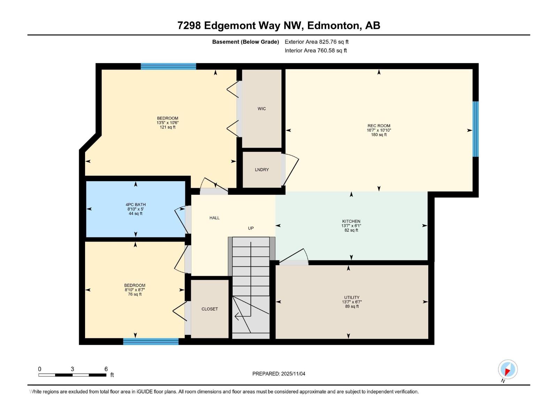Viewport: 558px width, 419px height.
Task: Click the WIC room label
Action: click(262, 109)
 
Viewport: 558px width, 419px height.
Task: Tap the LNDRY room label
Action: click(262, 170)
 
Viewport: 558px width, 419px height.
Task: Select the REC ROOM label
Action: click(379, 126)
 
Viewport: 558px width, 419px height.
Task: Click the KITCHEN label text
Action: click(351, 221)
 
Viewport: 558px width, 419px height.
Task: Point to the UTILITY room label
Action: click(352, 297)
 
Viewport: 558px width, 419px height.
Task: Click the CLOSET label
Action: click(210, 309)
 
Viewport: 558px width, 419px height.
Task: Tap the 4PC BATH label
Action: click(136, 205)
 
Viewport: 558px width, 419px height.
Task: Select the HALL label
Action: click(214, 218)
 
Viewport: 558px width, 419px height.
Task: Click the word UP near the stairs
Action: click(251, 228)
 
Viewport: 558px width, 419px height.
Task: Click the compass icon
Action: click(508, 369)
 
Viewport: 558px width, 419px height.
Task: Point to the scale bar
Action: click(73, 375)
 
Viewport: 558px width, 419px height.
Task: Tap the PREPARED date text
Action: click(279, 374)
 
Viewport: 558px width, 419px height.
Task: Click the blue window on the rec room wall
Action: click(475, 129)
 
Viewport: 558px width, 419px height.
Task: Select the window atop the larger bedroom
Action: click(168, 66)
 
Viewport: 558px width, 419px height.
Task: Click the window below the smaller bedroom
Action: click(151, 341)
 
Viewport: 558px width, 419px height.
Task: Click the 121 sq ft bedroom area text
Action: click(167, 127)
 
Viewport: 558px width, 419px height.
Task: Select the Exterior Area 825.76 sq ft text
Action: click(316, 42)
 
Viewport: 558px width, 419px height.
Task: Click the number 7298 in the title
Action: click(189, 25)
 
